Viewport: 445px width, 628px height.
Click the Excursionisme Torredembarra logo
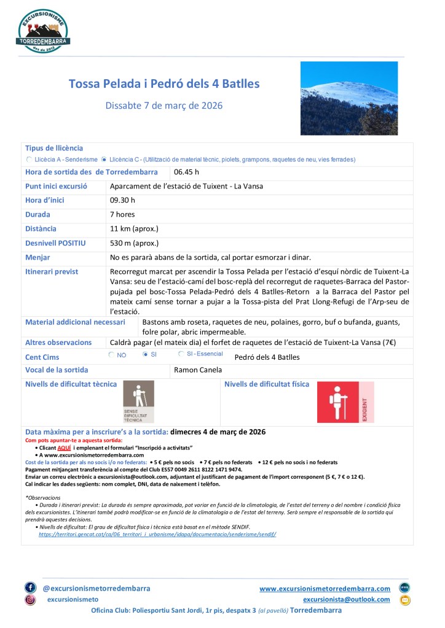click(43, 30)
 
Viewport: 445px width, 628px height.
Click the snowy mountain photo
click(349, 98)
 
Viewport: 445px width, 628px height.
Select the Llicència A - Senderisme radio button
click(30, 159)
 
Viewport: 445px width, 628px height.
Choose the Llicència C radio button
click(104, 159)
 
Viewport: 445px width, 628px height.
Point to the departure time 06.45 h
click(186, 172)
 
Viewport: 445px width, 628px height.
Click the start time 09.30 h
click(122, 200)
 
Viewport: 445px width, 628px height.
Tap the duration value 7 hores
click(122, 214)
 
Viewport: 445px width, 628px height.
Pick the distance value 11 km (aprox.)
click(134, 229)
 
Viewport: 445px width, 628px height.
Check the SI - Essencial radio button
click(181, 354)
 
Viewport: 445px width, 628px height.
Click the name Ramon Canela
click(197, 370)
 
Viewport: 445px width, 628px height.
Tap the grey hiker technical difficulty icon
click(138, 401)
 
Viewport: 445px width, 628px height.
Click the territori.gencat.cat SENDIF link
click(157, 534)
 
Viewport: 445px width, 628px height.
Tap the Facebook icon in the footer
click(30, 587)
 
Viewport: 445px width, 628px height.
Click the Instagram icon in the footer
click(30, 600)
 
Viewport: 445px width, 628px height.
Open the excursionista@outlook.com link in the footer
click(346, 599)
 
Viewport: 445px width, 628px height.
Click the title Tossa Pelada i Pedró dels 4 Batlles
click(164, 83)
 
